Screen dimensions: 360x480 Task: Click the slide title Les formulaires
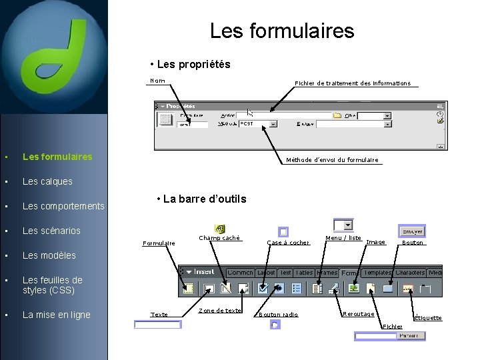pyautogui.click(x=282, y=31)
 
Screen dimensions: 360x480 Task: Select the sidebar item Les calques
pyautogui.click(x=47, y=181)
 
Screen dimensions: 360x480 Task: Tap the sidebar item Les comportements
pyautogui.click(x=63, y=206)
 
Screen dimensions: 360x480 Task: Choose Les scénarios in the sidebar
pyautogui.click(x=51, y=231)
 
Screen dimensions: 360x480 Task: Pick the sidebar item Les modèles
pyautogui.click(x=49, y=255)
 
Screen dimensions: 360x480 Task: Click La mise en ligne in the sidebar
pyautogui.click(x=57, y=315)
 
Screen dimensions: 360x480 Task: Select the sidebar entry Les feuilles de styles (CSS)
pyautogui.click(x=53, y=285)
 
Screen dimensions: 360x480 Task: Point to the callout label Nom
pyautogui.click(x=158, y=81)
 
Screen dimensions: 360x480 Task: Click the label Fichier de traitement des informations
pyautogui.click(x=353, y=83)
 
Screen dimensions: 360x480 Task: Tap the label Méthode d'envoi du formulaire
pyautogui.click(x=332, y=160)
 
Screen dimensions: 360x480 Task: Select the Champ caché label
pyautogui.click(x=219, y=238)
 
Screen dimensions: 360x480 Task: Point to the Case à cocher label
pyautogui.click(x=288, y=243)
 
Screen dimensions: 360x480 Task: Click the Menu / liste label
pyautogui.click(x=343, y=238)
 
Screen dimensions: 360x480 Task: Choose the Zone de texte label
pyautogui.click(x=220, y=311)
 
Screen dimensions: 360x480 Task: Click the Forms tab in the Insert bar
pyautogui.click(x=349, y=273)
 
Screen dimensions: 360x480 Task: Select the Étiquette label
pyautogui.click(x=428, y=318)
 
